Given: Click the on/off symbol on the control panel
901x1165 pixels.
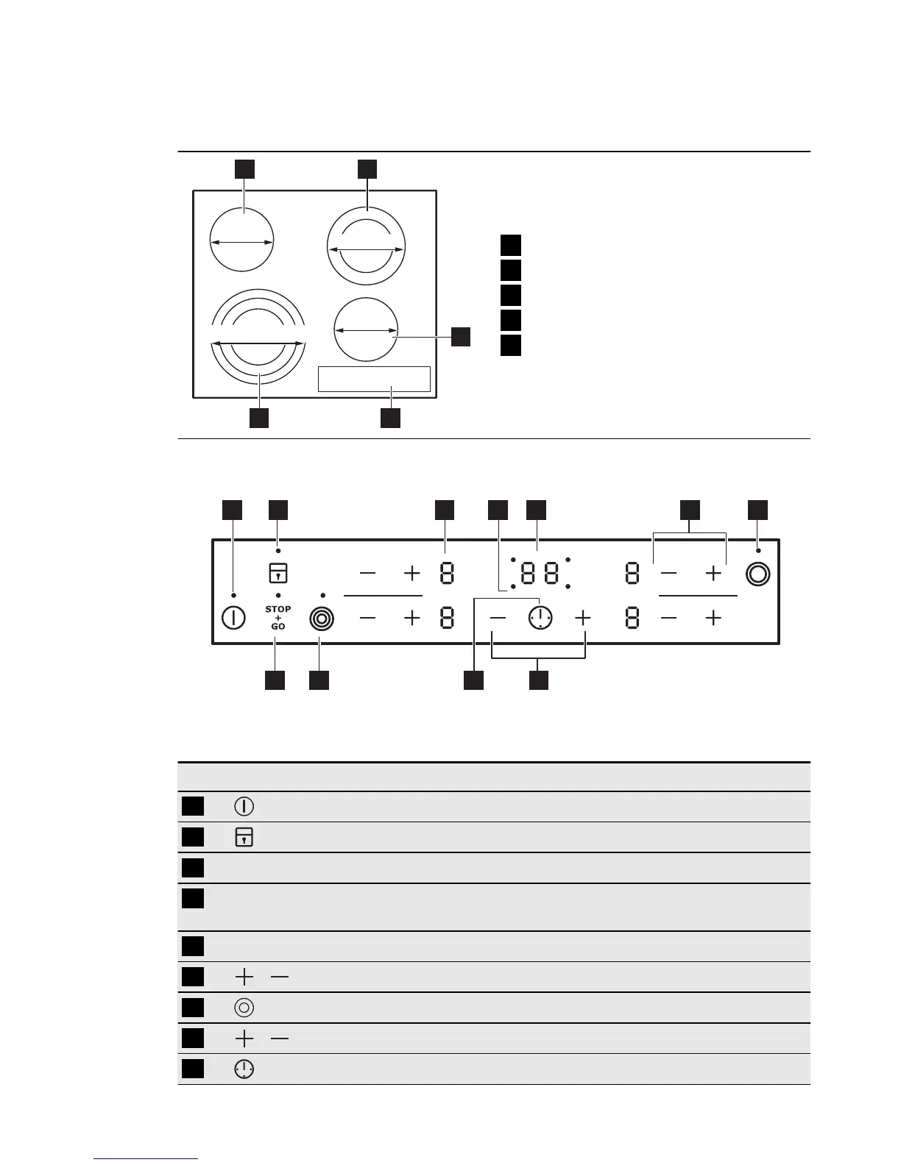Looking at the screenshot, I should point(233,618).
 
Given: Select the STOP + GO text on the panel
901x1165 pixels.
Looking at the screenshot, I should point(278,618).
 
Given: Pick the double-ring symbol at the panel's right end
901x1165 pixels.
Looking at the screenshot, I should point(757,574).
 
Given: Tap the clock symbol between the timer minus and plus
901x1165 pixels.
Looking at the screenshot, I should point(540,618).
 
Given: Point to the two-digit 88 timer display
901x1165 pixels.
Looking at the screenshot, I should point(540,574).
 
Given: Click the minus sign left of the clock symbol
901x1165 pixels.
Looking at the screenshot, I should point(498,618).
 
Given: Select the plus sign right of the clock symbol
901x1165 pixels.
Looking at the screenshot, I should point(583,618).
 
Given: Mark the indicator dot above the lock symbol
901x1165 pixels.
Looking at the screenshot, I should point(278,551).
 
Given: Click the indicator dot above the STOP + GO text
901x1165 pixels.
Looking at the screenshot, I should point(278,594).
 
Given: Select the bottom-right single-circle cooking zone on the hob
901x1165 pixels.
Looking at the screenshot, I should point(366,331).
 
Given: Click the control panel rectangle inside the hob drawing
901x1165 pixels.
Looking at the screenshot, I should point(374,379).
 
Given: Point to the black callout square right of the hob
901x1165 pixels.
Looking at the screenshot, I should point(460,336).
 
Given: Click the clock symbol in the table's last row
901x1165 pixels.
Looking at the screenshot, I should point(244,1069).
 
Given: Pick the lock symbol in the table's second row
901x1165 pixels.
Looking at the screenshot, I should point(244,837).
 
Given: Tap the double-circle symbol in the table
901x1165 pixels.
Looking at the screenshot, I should point(244,1008).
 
